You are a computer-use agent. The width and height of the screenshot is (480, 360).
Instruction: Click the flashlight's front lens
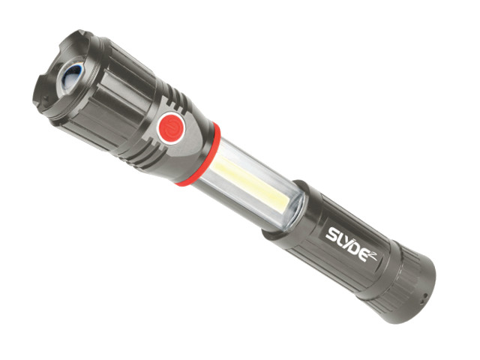coord(72,76)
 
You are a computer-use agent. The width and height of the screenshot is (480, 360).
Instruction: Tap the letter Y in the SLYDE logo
coord(345,242)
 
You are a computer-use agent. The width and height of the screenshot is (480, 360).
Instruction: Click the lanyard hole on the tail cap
coord(423,295)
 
